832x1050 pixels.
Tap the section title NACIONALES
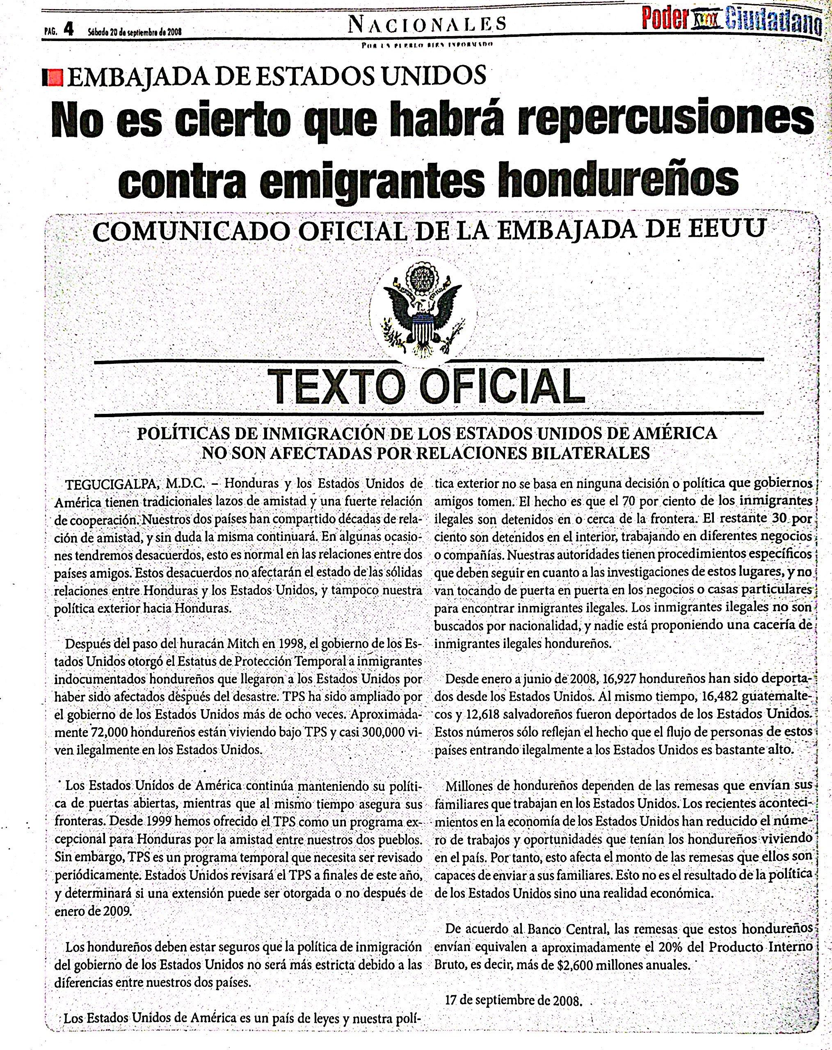[x=427, y=24]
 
